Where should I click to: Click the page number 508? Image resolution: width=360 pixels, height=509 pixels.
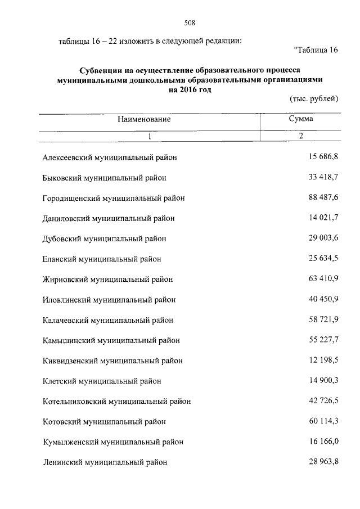(x=189, y=23)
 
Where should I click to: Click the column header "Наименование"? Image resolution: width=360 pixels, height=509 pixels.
(x=144, y=119)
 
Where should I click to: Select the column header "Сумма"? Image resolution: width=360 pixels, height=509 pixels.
(x=301, y=119)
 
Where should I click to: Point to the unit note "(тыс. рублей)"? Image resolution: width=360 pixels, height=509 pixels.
(x=313, y=99)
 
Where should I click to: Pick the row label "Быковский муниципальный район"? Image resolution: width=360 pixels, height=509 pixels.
(x=105, y=178)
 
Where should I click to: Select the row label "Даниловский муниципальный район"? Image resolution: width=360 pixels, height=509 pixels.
(x=109, y=218)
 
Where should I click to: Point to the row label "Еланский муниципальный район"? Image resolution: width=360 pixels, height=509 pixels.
(x=102, y=259)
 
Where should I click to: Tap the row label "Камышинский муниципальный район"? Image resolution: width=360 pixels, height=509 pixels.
(x=111, y=340)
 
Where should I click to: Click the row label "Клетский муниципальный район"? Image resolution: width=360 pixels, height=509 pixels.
(x=102, y=381)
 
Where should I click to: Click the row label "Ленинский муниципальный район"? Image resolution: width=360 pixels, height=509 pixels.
(x=105, y=462)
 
